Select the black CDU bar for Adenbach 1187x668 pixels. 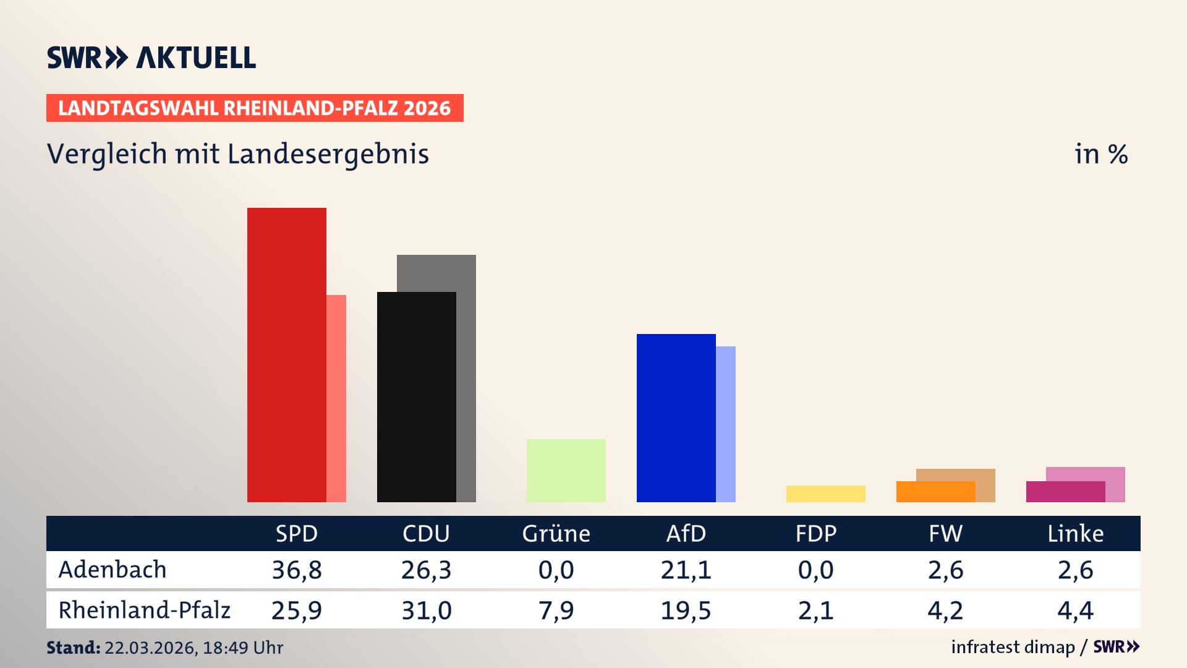pyautogui.click(x=416, y=396)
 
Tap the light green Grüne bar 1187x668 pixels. pyautogui.click(x=566, y=470)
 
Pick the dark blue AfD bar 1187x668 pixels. pyautogui.click(x=676, y=417)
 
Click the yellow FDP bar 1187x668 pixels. pyautogui.click(x=825, y=494)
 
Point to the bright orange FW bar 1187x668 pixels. pyautogui.click(x=935, y=492)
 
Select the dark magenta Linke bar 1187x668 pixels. pyautogui.click(x=1065, y=492)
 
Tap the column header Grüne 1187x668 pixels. pyautogui.click(x=556, y=533)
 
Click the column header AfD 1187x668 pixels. pyautogui.click(x=686, y=533)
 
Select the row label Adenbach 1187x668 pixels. pyautogui.click(x=113, y=570)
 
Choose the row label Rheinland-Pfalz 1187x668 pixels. pyautogui.click(x=144, y=610)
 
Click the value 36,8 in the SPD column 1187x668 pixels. pyautogui.click(x=297, y=570)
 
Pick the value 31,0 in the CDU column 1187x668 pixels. pyautogui.click(x=427, y=610)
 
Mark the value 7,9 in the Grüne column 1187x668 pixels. pyautogui.click(x=556, y=610)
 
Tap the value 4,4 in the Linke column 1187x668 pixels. pyautogui.click(x=1075, y=610)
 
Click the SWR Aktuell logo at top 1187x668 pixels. pyautogui.click(x=151, y=58)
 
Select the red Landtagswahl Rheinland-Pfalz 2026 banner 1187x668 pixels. pyautogui.click(x=255, y=108)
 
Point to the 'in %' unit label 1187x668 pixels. pyautogui.click(x=1100, y=154)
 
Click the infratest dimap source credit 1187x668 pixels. pyautogui.click(x=1013, y=647)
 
